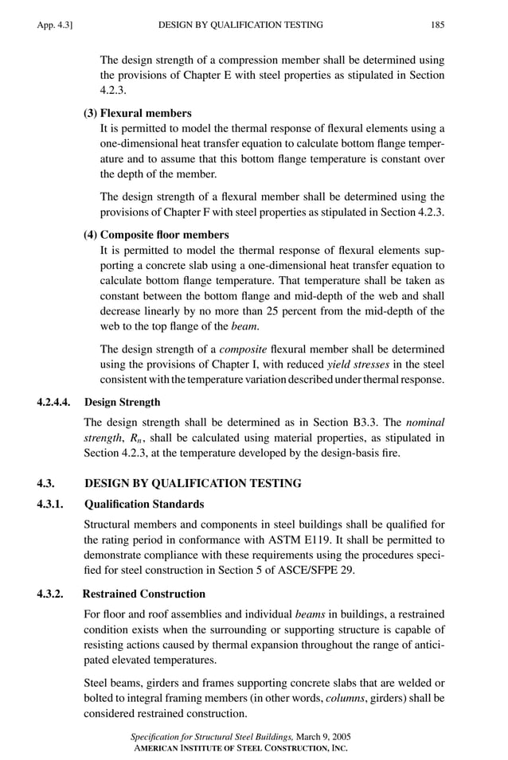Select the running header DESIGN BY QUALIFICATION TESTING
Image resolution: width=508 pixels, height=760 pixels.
click(240, 25)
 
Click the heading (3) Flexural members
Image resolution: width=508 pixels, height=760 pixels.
click(137, 113)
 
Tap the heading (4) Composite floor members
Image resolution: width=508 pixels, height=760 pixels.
click(156, 235)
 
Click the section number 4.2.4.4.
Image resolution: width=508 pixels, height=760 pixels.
click(57, 402)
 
